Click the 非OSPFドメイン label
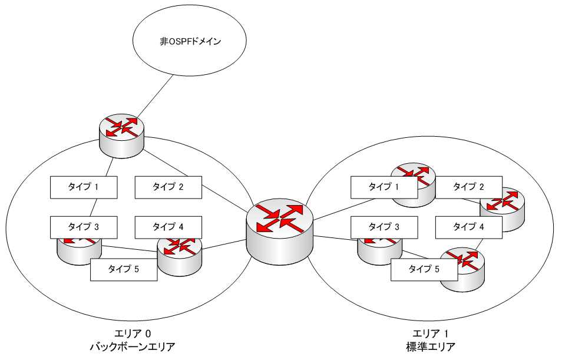[x=186, y=42]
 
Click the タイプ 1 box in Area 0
[x=83, y=187]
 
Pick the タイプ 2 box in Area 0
[x=168, y=187]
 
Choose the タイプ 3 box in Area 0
[x=83, y=226]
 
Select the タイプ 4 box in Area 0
[x=168, y=226]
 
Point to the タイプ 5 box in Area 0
[x=124, y=269]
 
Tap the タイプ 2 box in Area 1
[x=469, y=187]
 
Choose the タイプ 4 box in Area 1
[x=469, y=226]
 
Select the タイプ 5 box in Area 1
[x=424, y=269]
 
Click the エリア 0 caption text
[x=133, y=333]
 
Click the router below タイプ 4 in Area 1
[x=463, y=267]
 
